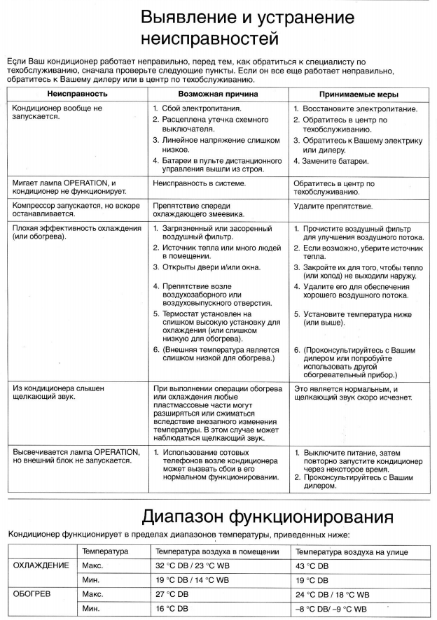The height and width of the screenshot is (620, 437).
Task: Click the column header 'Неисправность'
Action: point(77,93)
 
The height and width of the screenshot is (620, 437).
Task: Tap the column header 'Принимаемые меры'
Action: point(359,93)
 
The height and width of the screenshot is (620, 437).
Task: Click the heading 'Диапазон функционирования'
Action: point(267,518)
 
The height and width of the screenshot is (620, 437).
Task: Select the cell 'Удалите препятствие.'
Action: point(333,206)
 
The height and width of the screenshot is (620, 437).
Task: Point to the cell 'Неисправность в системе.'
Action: point(199,183)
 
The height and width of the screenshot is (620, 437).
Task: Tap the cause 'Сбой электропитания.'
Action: point(202,109)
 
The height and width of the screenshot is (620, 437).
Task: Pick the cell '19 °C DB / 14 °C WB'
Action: point(192,581)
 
